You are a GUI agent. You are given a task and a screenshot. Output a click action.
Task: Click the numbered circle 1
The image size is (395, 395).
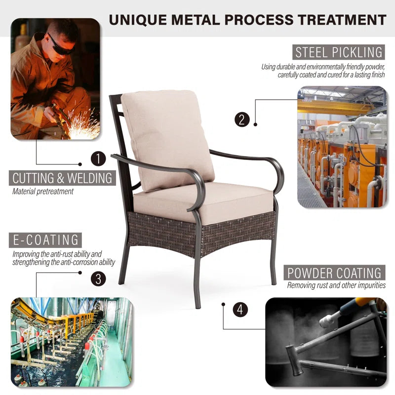pyautogui.click(x=98, y=158)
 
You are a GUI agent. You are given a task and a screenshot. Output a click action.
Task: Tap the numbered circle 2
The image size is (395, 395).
pyautogui.click(x=242, y=119)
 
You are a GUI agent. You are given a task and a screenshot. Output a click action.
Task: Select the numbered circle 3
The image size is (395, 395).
pyautogui.click(x=98, y=278)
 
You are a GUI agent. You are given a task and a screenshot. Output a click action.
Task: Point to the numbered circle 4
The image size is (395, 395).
pyautogui.click(x=240, y=310)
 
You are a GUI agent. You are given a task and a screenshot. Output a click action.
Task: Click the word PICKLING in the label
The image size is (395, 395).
pyautogui.click(x=357, y=52)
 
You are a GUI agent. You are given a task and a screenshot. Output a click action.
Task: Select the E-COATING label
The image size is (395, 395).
pyautogui.click(x=45, y=240)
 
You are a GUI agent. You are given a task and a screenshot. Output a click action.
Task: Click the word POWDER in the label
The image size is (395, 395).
pyautogui.click(x=310, y=273)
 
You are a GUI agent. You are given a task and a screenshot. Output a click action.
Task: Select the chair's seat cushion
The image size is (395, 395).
pyautogui.click(x=203, y=203)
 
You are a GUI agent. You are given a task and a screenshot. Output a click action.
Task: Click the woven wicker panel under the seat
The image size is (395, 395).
pyautogui.click(x=201, y=233)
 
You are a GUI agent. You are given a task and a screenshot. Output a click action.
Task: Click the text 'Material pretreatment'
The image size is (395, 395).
pyautogui.click(x=43, y=192)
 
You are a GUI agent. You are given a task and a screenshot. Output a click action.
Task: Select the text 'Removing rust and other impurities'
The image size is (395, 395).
pyautogui.click(x=336, y=285)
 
